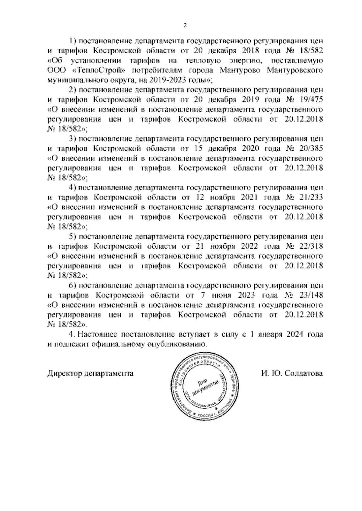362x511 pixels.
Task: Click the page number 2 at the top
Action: tap(185, 25)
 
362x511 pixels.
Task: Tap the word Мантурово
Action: tap(241, 71)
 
